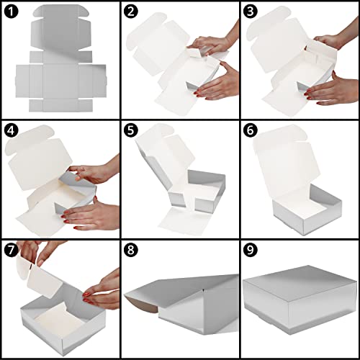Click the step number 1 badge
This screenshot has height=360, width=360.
[x=11, y=12]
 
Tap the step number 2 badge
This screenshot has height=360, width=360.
[x=131, y=12]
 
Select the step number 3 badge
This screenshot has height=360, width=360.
[x=250, y=12]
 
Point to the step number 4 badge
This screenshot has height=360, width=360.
[x=11, y=130]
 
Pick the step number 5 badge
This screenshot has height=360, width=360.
[x=131, y=130]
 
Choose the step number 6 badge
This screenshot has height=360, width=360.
[x=250, y=130]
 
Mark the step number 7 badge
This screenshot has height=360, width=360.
[x=11, y=250]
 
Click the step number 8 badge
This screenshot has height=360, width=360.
[x=131, y=250]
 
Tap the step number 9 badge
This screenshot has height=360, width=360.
[x=250, y=250]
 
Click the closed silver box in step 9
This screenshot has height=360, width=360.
[x=300, y=300]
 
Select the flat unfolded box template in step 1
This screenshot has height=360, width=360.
[x=61, y=60]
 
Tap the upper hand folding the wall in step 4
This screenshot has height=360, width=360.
[x=96, y=171]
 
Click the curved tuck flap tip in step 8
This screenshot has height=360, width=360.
[x=139, y=302]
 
